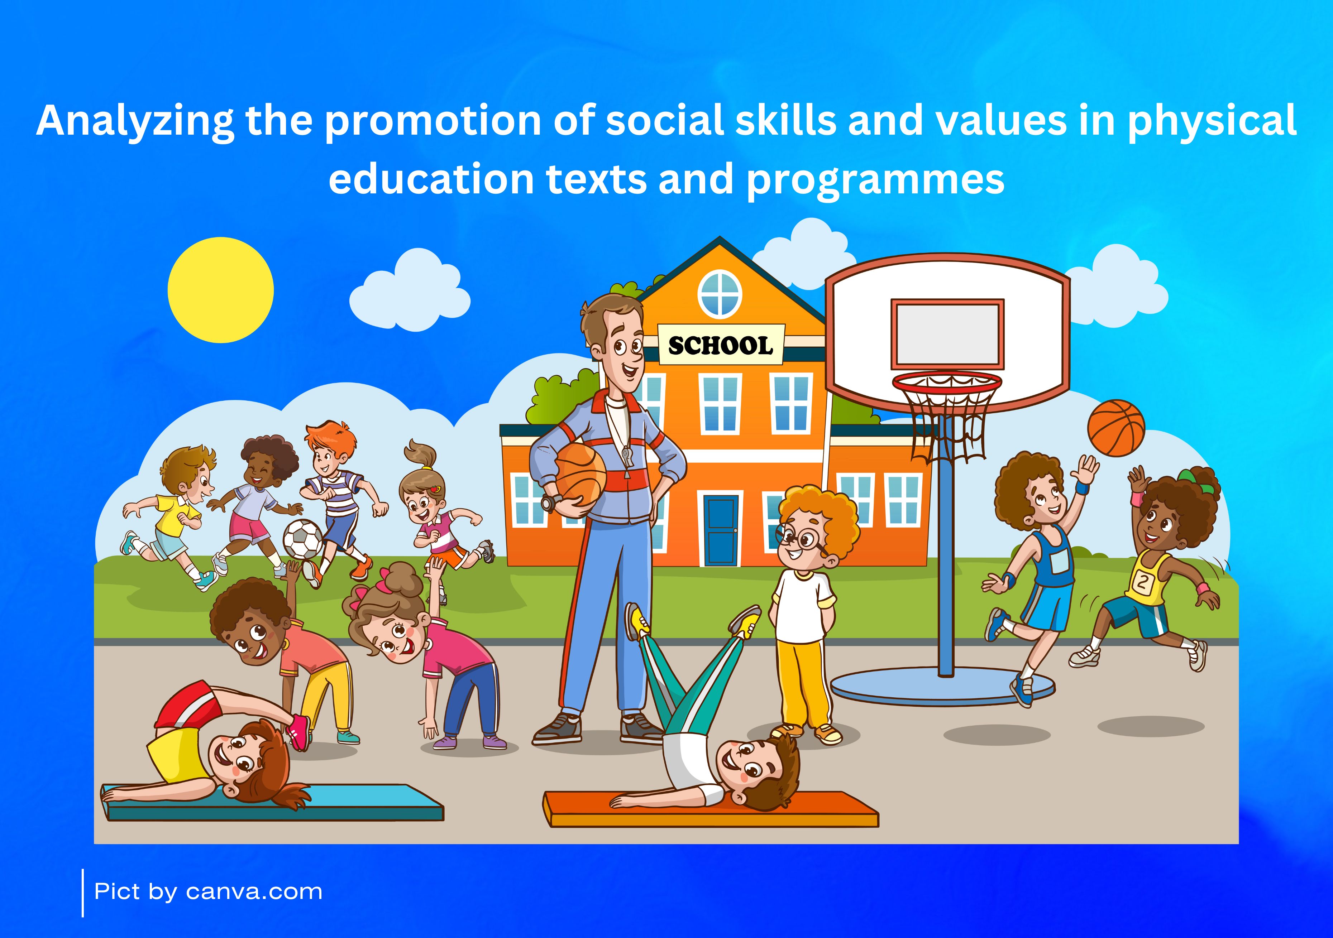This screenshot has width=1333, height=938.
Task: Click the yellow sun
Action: coord(221,290)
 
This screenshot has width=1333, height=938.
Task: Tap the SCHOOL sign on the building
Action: coord(721,345)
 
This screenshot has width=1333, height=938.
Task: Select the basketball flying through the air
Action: coord(1116,428)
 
